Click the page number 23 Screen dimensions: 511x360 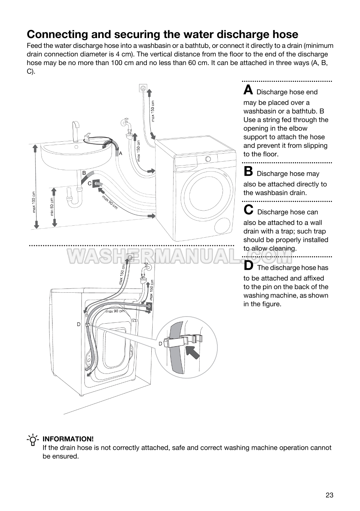pyautogui.click(x=329, y=495)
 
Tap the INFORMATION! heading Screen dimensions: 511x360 pyautogui.click(x=68, y=439)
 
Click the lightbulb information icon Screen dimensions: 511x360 pyautogui.click(x=33, y=440)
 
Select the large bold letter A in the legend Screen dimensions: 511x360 pyautogui.click(x=248, y=90)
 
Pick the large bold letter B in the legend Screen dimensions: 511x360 pyautogui.click(x=248, y=172)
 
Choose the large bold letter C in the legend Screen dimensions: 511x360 pyautogui.click(x=248, y=210)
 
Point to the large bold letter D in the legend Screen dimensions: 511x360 pyautogui.click(x=248, y=266)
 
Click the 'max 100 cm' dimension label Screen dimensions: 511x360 pyautogui.click(x=34, y=202)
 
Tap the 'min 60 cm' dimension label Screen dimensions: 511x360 pyautogui.click(x=52, y=207)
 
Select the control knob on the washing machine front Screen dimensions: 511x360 pyautogui.click(x=208, y=159)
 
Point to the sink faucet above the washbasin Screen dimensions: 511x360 pyautogui.click(x=76, y=128)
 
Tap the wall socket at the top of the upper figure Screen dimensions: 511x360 pyautogui.click(x=143, y=88)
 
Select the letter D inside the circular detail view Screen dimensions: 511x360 pyautogui.click(x=160, y=344)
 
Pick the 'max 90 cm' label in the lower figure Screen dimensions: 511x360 pyautogui.click(x=115, y=311)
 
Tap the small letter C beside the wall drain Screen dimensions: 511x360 pyautogui.click(x=90, y=183)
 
